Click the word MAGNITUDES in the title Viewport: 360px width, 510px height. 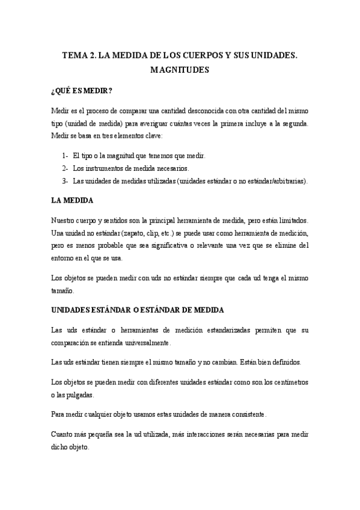(x=180, y=70)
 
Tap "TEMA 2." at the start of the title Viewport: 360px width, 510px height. (x=79, y=55)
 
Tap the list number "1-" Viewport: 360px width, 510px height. (x=66, y=155)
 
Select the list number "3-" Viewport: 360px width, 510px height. (x=66, y=180)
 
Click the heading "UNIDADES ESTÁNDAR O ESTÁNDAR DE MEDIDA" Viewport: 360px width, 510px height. (x=138, y=310)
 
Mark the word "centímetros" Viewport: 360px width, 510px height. (x=287, y=382)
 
